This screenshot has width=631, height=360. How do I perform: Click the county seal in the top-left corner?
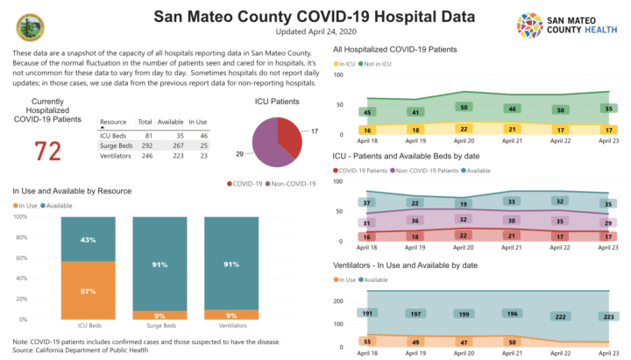[31, 25]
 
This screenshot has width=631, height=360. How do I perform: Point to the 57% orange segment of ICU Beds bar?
[88, 290]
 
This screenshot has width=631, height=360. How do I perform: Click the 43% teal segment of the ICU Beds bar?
[88, 239]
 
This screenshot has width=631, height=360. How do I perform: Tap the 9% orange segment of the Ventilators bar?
[231, 314]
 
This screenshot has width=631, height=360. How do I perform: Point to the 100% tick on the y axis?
[19, 215]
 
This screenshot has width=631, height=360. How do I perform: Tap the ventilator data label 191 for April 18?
[369, 313]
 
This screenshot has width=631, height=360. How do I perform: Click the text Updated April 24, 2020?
[315, 32]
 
